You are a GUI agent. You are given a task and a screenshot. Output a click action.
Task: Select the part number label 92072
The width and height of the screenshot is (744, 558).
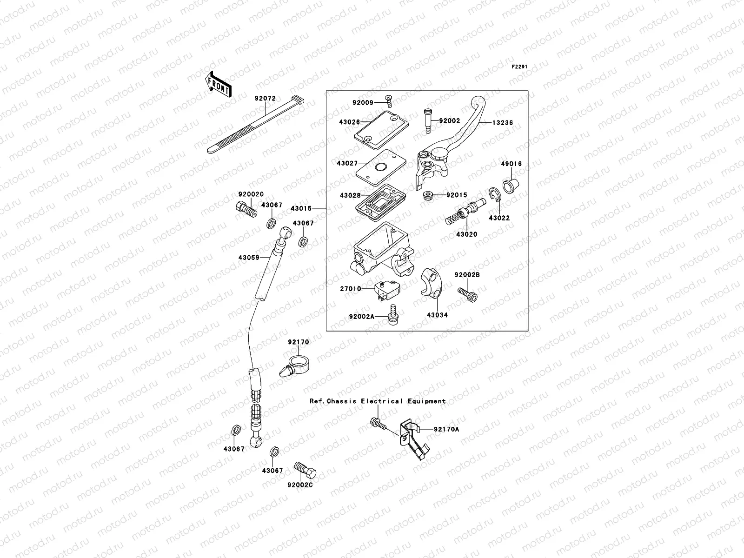265,99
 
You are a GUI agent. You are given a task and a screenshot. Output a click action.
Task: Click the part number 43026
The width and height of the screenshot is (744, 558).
349,122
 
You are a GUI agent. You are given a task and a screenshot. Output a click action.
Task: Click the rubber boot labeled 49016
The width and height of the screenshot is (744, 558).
511,180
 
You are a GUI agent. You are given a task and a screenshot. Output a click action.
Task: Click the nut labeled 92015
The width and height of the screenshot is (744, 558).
428,195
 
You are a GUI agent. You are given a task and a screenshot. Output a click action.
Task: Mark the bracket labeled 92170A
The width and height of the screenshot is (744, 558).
415,437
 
